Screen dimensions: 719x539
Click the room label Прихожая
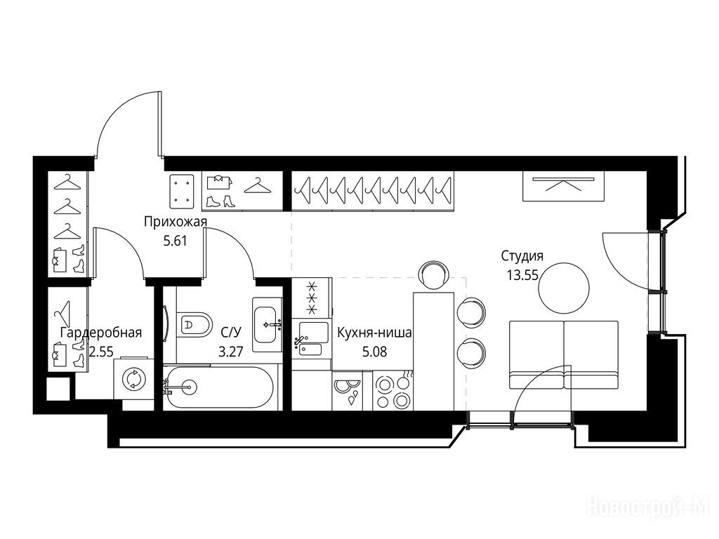click(x=176, y=222)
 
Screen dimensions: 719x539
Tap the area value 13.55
click(x=522, y=275)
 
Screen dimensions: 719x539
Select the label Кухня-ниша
click(x=375, y=333)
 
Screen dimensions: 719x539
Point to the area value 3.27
click(x=230, y=352)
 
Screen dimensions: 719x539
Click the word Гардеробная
click(x=101, y=333)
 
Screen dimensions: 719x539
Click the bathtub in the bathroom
click(x=220, y=387)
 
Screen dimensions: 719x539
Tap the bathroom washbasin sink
click(x=268, y=324)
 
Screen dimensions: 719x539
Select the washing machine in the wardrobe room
click(x=134, y=378)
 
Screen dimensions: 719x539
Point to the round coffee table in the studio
click(x=564, y=288)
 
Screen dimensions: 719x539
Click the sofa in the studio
click(x=564, y=355)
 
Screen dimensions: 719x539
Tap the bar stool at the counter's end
click(x=433, y=274)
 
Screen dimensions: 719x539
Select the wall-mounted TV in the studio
click(x=564, y=186)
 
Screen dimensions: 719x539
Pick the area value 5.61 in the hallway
click(x=175, y=241)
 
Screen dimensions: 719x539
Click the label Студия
click(x=522, y=255)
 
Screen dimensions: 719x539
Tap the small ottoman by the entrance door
click(x=183, y=189)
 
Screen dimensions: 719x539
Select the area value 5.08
click(x=375, y=352)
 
